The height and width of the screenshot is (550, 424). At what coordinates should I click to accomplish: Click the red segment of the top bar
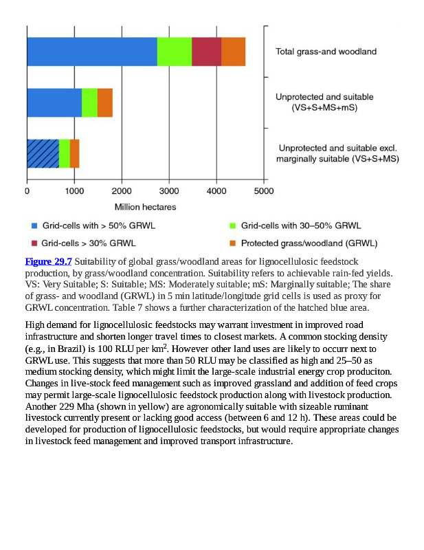tap(206, 52)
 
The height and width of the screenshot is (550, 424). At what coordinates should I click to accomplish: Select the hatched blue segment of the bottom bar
tap(43, 153)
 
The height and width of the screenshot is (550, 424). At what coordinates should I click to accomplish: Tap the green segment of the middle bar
tap(89, 102)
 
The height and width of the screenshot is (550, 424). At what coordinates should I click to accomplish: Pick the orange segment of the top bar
tap(233, 52)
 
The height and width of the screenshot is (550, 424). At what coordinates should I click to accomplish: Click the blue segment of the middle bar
tap(54, 102)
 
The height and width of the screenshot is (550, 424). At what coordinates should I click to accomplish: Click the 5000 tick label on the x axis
tap(264, 191)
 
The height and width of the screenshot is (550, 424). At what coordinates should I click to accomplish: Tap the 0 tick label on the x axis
tap(27, 191)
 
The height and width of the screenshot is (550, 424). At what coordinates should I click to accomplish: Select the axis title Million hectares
tap(145, 207)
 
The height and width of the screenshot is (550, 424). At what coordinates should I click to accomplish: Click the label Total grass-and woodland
tap(326, 52)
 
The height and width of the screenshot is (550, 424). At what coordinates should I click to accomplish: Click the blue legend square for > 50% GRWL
tap(34, 225)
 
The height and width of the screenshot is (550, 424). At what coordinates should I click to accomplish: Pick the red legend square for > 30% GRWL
tap(34, 243)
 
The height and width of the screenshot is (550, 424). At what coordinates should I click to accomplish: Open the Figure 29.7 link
tap(48, 262)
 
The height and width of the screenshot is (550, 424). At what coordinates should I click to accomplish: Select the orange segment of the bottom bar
tap(75, 153)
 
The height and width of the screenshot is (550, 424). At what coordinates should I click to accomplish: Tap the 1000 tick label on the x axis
tap(74, 191)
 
